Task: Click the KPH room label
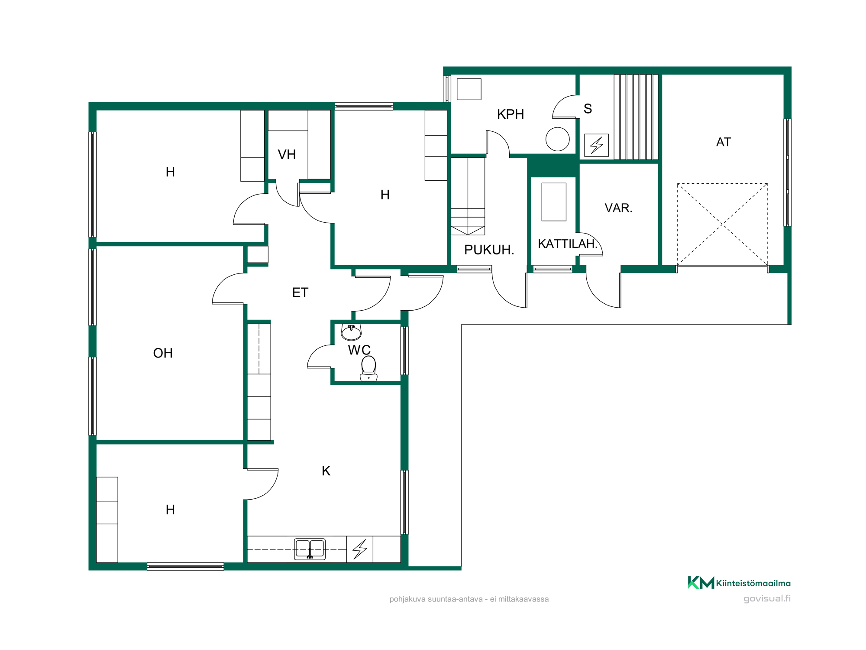511,114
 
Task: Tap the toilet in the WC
368,368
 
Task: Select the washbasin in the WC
351,332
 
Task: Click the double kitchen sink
310,549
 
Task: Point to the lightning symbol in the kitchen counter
360,549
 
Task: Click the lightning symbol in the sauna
596,145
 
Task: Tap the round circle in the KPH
558,139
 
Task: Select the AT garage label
724,142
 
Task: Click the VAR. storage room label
618,208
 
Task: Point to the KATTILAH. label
568,244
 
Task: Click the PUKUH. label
489,250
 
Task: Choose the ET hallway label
300,293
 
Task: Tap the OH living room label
163,353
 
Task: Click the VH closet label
287,155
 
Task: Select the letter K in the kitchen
326,471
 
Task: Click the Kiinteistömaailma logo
739,583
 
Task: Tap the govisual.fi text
767,598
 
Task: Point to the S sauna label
588,109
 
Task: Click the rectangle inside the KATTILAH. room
554,202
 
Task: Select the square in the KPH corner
469,89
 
